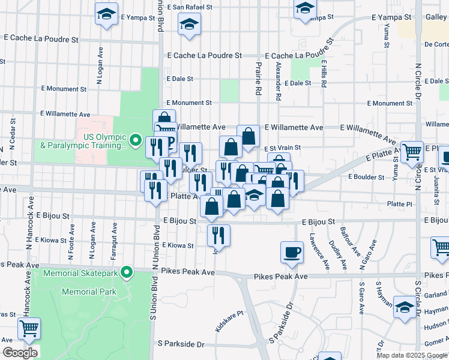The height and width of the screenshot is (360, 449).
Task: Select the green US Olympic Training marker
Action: tap(136, 142)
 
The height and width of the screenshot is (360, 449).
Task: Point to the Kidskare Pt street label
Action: tap(229, 322)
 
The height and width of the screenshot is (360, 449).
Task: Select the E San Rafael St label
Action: tap(190, 7)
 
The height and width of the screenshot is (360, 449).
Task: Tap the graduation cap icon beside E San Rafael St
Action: tap(189, 25)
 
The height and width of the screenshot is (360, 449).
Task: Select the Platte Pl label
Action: tap(399, 204)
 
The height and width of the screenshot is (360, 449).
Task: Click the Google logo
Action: tap(19, 352)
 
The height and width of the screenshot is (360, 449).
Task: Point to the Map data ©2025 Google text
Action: tap(412, 355)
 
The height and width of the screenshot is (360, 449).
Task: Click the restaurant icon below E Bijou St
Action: tap(218, 235)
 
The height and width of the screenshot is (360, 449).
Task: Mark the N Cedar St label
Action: tap(11, 135)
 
